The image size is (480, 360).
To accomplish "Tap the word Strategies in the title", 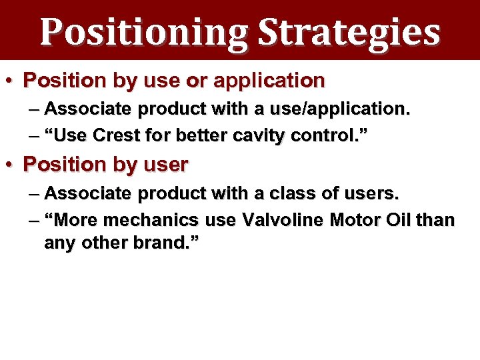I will click(x=349, y=32).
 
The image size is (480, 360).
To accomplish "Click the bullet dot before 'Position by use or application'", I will click(x=12, y=81).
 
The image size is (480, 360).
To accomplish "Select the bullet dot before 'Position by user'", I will click(x=12, y=163).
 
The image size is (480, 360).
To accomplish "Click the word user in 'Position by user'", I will click(x=167, y=164).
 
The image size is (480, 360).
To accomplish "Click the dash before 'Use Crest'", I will click(x=35, y=135).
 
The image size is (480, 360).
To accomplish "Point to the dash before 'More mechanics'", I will click(x=35, y=219).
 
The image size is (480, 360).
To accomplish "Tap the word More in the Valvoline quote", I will click(x=70, y=219).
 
